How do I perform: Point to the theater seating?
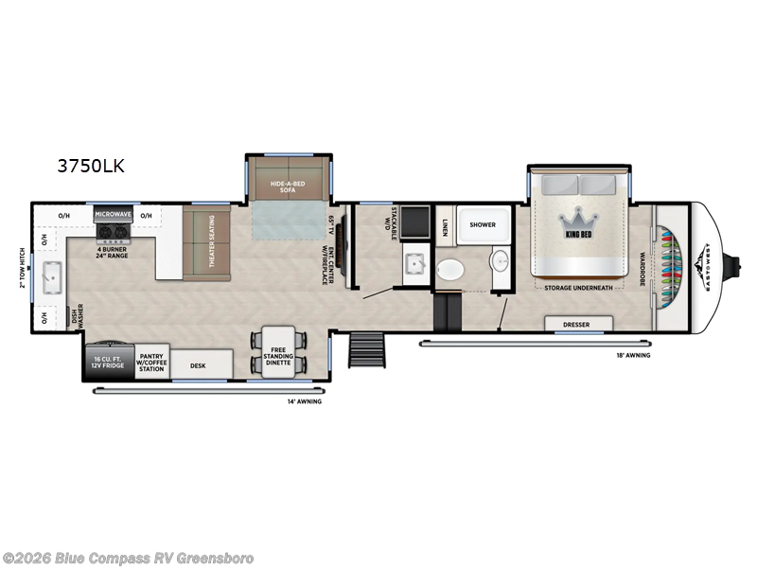pos(200,244)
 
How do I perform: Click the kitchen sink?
pos(46,276)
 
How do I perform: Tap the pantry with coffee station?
pos(151,364)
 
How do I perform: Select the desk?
pos(198,364)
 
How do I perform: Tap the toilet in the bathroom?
pos(451,269)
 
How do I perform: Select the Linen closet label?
pos(445,226)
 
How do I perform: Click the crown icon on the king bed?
pos(577,216)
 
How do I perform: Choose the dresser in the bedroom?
pos(576,325)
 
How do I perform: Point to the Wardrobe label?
pos(641,260)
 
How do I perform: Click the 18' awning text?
pos(632,355)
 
